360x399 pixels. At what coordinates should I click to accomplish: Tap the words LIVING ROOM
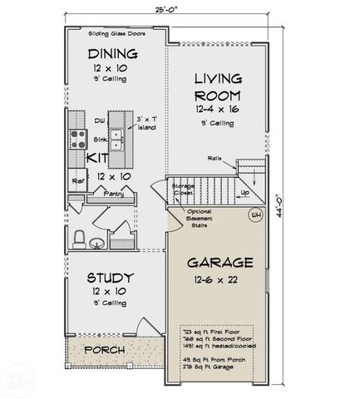(x=218, y=87)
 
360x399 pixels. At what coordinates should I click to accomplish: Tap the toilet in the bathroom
(x=79, y=239)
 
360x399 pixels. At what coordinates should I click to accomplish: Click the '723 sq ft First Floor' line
(x=217, y=330)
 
